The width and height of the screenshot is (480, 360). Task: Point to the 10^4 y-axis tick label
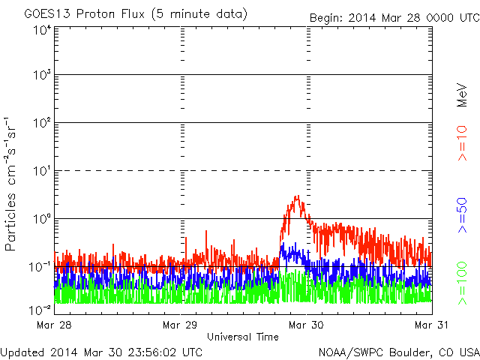[41, 29]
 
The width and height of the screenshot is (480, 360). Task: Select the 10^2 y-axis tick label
[41, 124]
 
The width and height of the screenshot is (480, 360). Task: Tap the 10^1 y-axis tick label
[41, 172]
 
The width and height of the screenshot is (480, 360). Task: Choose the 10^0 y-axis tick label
[41, 219]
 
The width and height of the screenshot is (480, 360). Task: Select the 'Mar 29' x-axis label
[181, 325]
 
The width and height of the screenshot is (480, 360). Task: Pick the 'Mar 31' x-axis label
[430, 325]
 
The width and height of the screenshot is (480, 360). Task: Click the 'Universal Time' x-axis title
[243, 337]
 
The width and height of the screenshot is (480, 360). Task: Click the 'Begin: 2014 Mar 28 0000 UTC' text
[393, 16]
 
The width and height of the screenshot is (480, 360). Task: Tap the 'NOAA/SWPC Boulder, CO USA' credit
[398, 351]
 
